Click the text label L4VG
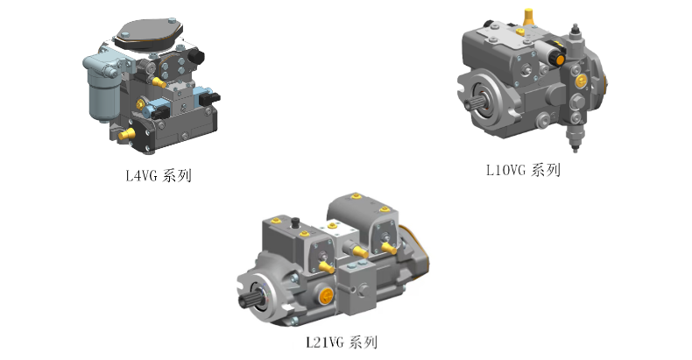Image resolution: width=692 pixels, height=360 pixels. point(141,175)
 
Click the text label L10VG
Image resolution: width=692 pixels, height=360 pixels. point(505,170)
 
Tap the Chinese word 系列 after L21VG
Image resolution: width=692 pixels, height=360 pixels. point(364,342)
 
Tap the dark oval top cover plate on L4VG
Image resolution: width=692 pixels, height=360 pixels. point(149,32)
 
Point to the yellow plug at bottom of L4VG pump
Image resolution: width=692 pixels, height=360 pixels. point(126,134)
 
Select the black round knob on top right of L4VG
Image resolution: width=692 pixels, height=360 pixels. point(195,56)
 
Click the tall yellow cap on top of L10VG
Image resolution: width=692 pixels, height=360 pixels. point(528,18)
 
